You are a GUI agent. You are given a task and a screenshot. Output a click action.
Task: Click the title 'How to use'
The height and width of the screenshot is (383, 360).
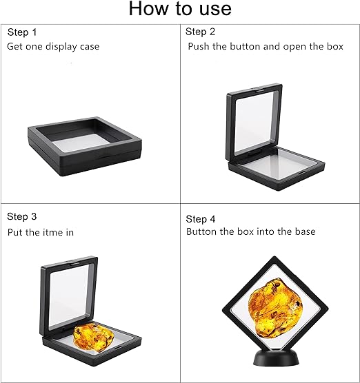(x=180, y=9)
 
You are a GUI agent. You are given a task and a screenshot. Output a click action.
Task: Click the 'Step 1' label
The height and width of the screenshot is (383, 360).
(x=23, y=32)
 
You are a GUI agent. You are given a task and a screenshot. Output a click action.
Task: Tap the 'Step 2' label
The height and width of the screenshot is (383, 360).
(x=201, y=32)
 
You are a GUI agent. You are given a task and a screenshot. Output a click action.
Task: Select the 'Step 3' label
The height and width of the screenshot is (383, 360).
(x=23, y=216)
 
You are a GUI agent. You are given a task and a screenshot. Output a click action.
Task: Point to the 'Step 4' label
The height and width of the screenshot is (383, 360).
(x=201, y=218)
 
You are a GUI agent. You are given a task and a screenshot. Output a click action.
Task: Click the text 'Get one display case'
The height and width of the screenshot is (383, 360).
(x=54, y=47)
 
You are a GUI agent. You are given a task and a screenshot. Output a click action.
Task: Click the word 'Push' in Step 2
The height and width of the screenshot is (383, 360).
(x=199, y=47)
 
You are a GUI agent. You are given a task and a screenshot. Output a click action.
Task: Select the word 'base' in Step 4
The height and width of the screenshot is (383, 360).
(x=304, y=231)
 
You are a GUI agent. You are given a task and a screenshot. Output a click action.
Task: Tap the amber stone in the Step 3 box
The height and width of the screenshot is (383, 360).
(x=92, y=335)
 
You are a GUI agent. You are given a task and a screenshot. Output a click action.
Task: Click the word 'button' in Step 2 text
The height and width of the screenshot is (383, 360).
(x=245, y=47)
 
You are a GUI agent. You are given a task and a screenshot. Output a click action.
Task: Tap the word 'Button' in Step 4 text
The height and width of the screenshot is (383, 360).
(x=201, y=231)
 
